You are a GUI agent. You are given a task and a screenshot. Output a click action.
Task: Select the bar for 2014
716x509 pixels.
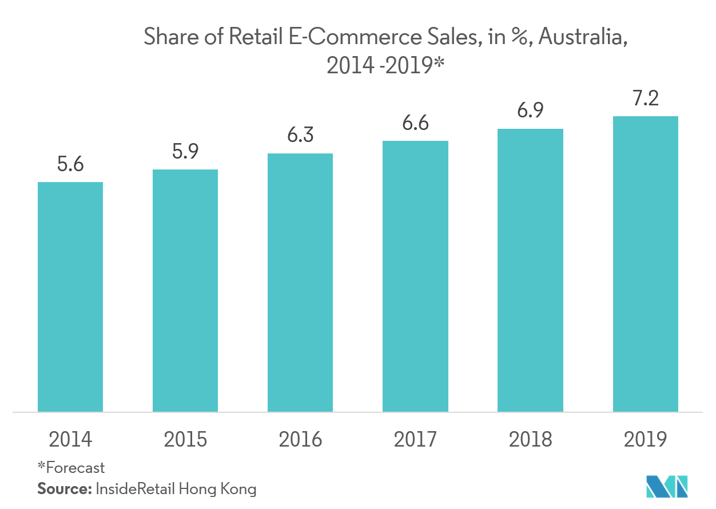pos(70,297)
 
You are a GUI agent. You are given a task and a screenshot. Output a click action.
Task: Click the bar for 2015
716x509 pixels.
pos(185,290)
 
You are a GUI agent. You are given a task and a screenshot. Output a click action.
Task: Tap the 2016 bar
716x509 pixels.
pos(300,282)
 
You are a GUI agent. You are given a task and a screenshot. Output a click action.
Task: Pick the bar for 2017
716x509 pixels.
pos(415,276)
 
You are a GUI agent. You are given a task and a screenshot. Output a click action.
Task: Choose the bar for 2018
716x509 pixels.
pos(530,270)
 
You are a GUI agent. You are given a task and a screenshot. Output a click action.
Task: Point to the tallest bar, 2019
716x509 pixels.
pos(645,263)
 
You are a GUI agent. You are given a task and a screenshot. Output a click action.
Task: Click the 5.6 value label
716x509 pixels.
pos(70,165)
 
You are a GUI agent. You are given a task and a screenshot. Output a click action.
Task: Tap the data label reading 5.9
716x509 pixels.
pos(185,152)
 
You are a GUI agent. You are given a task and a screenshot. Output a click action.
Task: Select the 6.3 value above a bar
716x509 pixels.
pos(300,136)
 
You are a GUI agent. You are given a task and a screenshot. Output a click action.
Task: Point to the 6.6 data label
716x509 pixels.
pos(415,124)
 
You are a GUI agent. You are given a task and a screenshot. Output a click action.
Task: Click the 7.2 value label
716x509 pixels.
pos(645,99)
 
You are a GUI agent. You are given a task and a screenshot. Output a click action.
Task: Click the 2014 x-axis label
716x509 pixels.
pos(70,440)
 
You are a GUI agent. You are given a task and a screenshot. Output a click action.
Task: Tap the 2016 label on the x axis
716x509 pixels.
pos(300,440)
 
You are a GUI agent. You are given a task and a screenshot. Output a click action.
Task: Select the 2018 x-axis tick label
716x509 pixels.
pos(530,440)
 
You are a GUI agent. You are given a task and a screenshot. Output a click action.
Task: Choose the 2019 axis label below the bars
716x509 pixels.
pos(645,440)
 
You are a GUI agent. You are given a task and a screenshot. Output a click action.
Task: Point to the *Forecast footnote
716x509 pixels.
pos(71,468)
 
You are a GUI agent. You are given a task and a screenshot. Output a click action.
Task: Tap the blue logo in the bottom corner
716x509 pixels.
pos(666,487)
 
